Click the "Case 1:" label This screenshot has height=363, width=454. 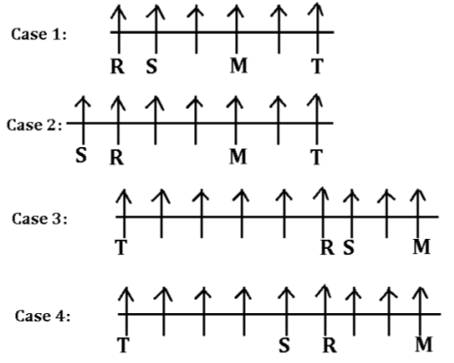(x=39, y=34)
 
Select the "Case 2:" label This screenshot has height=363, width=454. (x=35, y=125)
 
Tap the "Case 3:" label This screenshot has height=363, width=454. (x=39, y=219)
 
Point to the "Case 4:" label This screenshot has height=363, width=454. (x=43, y=316)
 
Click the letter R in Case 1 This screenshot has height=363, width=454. (x=118, y=66)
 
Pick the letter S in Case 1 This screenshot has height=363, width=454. (x=151, y=66)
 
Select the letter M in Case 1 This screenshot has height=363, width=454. (x=239, y=65)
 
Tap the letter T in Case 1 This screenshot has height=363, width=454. (x=317, y=66)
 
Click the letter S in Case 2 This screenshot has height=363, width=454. (x=81, y=155)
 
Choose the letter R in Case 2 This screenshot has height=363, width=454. (x=117, y=157)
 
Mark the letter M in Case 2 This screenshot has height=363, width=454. (x=238, y=157)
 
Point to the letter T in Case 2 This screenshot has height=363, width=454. (x=317, y=157)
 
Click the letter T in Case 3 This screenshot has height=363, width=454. (x=121, y=247)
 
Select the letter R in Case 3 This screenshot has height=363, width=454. (x=328, y=247)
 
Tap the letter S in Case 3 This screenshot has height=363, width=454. (x=349, y=247)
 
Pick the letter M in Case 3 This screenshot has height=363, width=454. (x=422, y=247)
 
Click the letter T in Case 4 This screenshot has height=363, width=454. (x=124, y=345)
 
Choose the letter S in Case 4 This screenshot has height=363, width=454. (x=284, y=345)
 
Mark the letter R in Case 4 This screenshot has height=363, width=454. (x=329, y=345)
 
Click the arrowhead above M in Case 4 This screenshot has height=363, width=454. (x=421, y=293)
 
